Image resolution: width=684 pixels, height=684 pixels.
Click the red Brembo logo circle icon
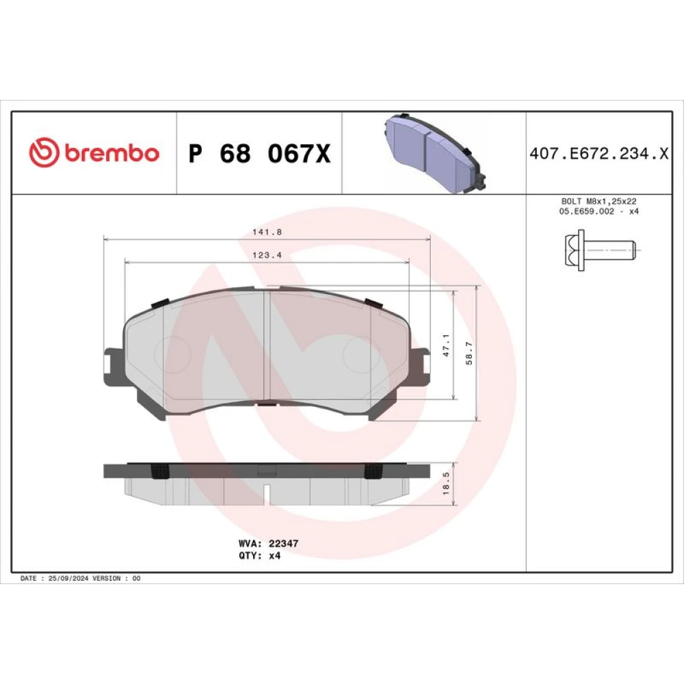pos(44,153)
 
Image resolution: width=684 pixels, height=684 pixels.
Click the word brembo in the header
pos(112,153)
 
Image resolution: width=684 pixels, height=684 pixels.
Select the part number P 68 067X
pos(259,153)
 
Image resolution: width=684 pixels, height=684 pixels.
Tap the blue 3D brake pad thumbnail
pos(435,153)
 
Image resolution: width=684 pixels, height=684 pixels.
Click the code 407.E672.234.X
pos(599,153)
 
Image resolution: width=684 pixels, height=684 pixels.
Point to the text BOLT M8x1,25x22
pos(598,201)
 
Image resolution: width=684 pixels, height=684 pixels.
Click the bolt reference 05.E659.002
pos(586,211)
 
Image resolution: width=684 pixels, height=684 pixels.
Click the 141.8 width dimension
pos(267,232)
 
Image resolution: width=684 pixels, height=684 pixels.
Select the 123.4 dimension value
pos(267,255)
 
